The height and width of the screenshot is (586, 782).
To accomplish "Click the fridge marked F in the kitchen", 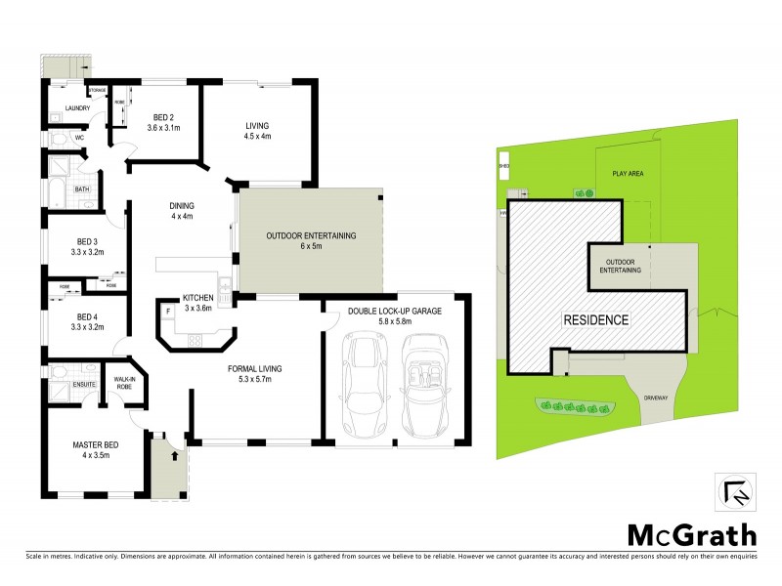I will (167, 311).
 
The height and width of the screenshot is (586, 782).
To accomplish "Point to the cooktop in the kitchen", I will (195, 341).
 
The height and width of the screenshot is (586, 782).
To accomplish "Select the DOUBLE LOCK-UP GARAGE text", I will (395, 312).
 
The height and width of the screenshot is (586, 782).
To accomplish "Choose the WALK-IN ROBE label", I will (124, 382).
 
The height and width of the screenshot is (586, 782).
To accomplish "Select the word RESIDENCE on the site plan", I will (594, 319).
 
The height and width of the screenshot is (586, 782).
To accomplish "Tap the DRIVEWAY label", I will (655, 398).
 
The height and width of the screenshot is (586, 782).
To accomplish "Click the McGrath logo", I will (690, 535).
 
